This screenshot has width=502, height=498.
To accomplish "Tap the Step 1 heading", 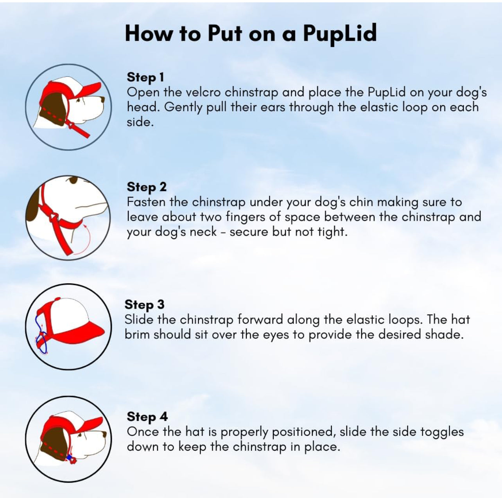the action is click(145, 77).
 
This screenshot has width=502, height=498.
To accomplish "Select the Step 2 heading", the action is click(147, 187).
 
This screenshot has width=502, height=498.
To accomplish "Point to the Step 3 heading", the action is click(144, 304).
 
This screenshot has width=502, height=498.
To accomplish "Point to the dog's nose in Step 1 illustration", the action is click(103, 99).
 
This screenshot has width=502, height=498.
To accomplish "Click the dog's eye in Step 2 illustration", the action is click(73, 180).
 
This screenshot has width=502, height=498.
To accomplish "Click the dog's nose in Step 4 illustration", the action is click(104, 434).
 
